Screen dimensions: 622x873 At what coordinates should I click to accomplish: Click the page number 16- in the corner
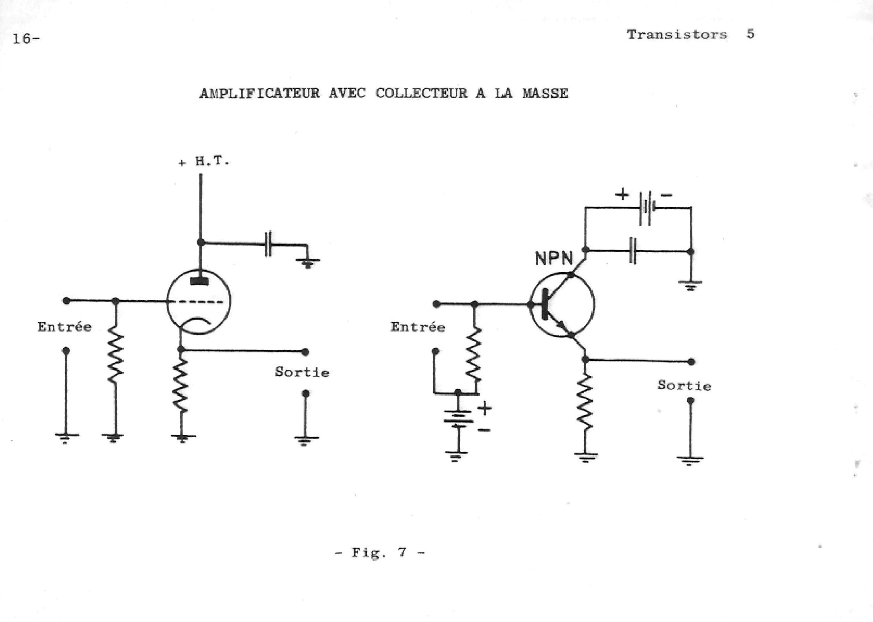pyautogui.click(x=26, y=39)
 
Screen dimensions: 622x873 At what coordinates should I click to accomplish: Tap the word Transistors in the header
pyautogui.click(x=677, y=35)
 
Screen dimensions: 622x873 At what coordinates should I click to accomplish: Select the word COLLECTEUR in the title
pyautogui.click(x=421, y=93)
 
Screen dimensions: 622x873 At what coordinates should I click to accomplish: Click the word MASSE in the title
pyautogui.click(x=545, y=93)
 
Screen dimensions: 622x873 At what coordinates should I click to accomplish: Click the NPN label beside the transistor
pyautogui.click(x=554, y=259)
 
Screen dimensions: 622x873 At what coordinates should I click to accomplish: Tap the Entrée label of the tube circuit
pyautogui.click(x=64, y=327)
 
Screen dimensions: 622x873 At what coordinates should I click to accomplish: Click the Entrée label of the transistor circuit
pyautogui.click(x=418, y=327)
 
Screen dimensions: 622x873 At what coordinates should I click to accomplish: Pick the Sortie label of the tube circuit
pyautogui.click(x=302, y=372)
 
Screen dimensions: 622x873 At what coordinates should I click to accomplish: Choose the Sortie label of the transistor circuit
pyautogui.click(x=684, y=385)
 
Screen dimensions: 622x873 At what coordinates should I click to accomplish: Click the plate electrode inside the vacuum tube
pyautogui.click(x=199, y=281)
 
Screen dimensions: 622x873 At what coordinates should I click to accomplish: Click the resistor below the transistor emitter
pyautogui.click(x=585, y=403)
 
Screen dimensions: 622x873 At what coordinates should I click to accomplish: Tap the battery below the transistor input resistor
pyautogui.click(x=458, y=419)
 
